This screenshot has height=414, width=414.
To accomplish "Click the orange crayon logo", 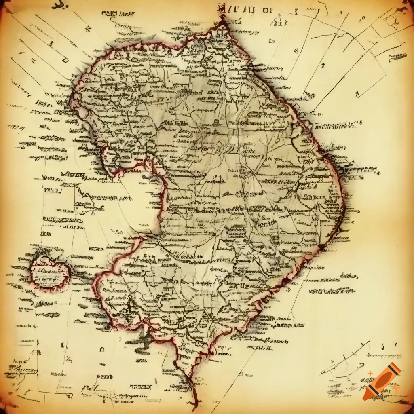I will coord(382,382).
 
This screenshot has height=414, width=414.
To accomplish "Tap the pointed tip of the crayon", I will coord(365,398).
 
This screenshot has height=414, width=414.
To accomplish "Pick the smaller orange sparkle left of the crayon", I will coord(370,373).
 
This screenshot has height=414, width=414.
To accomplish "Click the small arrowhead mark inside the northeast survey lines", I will coord(323,65).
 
